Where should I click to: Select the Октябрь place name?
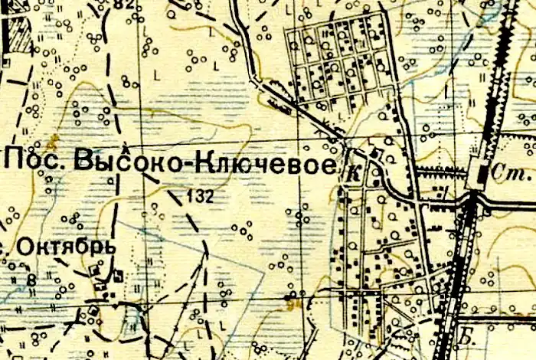coord(65,247)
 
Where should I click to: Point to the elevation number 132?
coord(199,196)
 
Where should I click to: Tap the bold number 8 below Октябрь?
coord(31,280)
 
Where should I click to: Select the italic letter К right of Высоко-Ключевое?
coord(353,174)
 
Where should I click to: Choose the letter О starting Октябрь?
coord(25,247)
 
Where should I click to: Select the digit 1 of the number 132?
coord(189,196)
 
